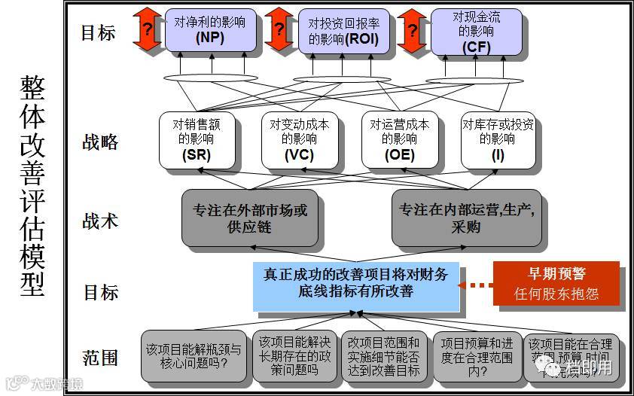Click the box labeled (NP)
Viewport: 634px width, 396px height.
coord(206,30)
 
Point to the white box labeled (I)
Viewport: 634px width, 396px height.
coord(498,140)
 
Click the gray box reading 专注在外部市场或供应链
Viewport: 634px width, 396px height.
coord(249,218)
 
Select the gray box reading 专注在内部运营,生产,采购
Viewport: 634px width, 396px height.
coord(467,218)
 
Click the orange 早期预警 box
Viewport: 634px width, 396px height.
coord(556,284)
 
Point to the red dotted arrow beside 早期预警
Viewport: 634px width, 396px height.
coord(477,285)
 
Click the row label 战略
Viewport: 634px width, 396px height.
coord(100,142)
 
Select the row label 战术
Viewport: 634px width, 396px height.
coord(100,221)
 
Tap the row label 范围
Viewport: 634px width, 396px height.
coord(100,357)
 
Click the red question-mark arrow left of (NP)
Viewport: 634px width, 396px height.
coord(148,30)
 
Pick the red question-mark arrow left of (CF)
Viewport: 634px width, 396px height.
coord(412,30)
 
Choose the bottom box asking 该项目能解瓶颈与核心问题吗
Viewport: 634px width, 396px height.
coord(194,356)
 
